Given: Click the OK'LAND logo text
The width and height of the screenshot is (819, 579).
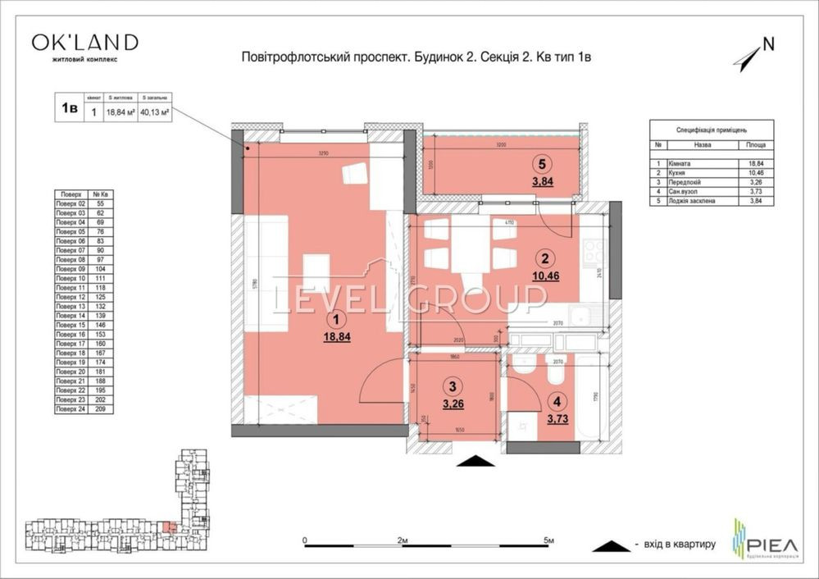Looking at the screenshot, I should (84, 42).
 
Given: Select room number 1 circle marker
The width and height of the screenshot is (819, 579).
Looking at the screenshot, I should (334, 321).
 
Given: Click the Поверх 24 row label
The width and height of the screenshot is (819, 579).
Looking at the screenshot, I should (71, 408).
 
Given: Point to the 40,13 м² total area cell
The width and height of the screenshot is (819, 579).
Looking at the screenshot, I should (154, 113).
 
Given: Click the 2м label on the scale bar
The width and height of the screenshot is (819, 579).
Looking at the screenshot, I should (402, 540).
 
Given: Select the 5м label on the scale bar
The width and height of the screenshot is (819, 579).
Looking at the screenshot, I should (548, 540).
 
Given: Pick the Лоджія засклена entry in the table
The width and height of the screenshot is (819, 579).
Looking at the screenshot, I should (693, 200).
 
